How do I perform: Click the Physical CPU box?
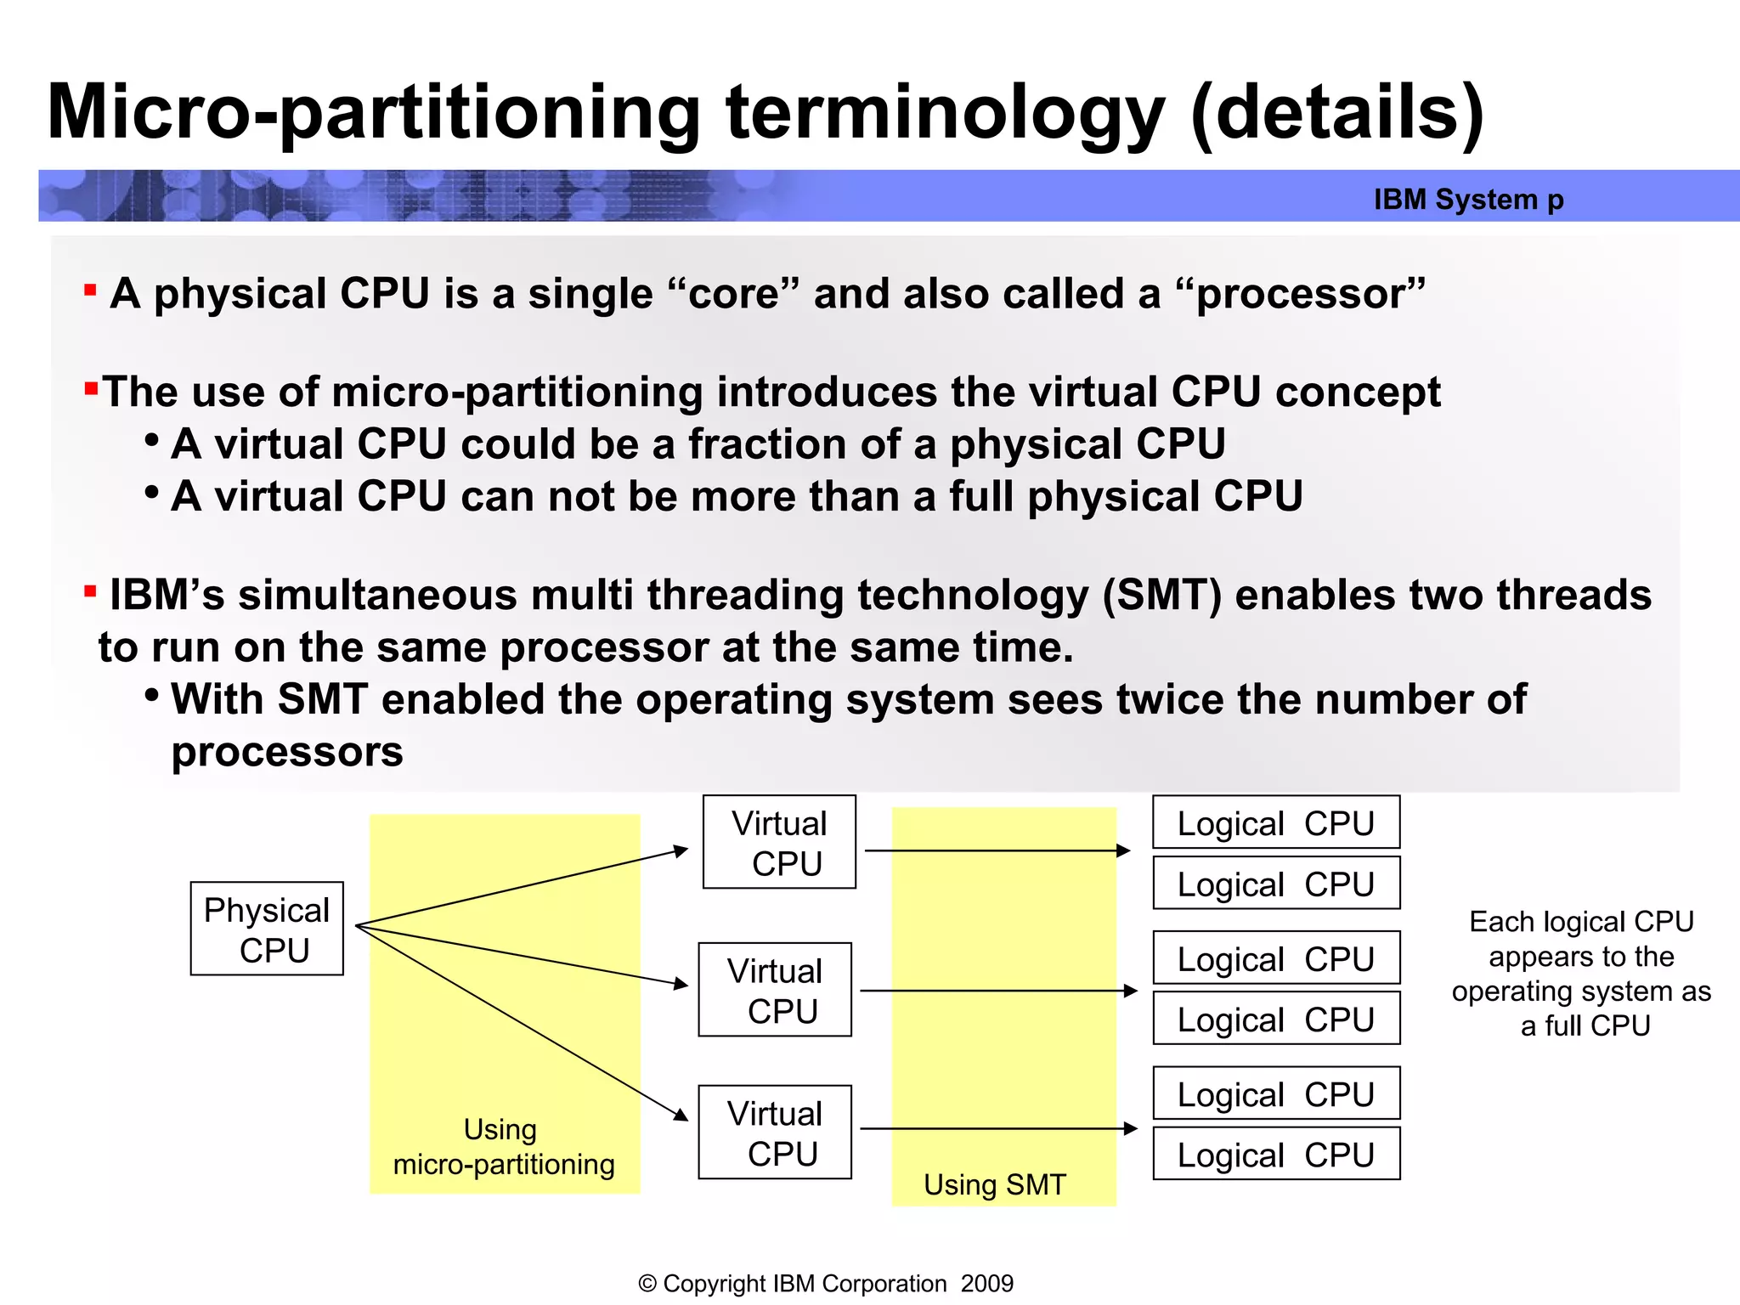[267, 929]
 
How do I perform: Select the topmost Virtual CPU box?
[779, 842]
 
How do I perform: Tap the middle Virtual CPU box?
[775, 990]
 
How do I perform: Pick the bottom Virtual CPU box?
[775, 1132]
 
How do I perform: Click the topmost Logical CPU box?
[1276, 822]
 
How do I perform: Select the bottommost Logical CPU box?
[1276, 1154]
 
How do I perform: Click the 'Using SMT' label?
[994, 1184]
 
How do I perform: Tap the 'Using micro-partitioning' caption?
[503, 1147]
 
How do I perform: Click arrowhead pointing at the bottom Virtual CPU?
[681, 1115]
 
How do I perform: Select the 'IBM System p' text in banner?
[1468, 199]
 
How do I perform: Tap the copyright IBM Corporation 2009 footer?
[825, 1283]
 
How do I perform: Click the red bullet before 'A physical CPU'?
[90, 291]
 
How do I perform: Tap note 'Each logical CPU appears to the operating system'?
[1581, 973]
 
